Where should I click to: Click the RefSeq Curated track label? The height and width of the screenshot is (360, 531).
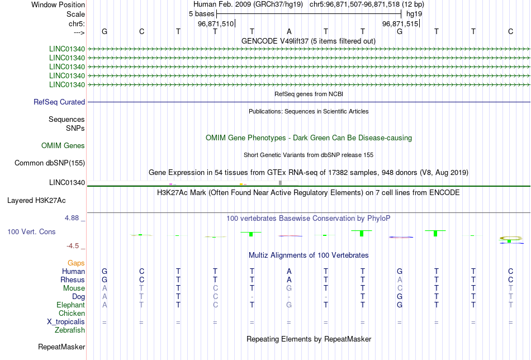pos(59,102)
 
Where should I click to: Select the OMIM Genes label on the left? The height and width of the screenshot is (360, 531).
pos(63,146)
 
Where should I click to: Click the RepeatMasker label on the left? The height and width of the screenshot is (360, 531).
pos(61,347)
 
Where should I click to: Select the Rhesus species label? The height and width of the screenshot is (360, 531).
pos(73,280)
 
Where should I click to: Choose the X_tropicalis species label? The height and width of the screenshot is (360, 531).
pos(66,322)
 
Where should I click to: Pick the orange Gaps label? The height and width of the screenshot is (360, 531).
pos(76,263)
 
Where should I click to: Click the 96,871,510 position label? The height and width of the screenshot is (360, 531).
pos(216,24)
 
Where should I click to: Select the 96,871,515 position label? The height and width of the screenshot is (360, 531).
pos(400,24)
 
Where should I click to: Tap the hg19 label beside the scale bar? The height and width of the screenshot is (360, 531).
pos(414,13)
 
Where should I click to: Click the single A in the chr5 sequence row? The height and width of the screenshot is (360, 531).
pos(289,31)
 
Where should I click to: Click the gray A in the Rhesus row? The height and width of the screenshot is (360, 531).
pos(400,280)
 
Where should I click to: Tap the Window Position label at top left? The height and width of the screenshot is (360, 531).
pos(58,4)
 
